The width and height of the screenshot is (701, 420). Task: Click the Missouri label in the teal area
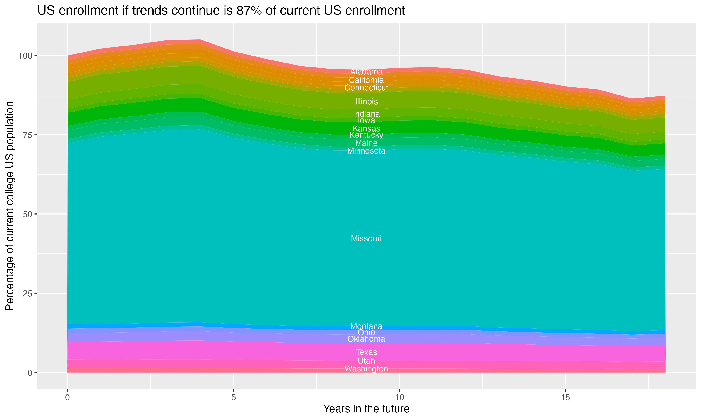click(366, 239)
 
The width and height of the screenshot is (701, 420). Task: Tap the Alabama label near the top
click(366, 72)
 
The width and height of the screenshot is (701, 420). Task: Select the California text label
click(366, 80)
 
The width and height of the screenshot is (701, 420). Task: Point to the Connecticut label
click(366, 88)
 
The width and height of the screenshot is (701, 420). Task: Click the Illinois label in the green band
click(366, 101)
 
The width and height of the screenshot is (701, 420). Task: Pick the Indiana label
click(366, 114)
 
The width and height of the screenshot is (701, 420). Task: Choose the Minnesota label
click(366, 151)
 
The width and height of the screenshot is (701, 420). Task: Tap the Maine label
click(366, 143)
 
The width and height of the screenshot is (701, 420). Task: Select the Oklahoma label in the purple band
click(366, 339)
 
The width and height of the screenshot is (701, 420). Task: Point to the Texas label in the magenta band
click(366, 352)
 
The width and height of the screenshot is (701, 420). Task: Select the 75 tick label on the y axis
click(27, 135)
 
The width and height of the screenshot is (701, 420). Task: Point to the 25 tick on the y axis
click(27, 294)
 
